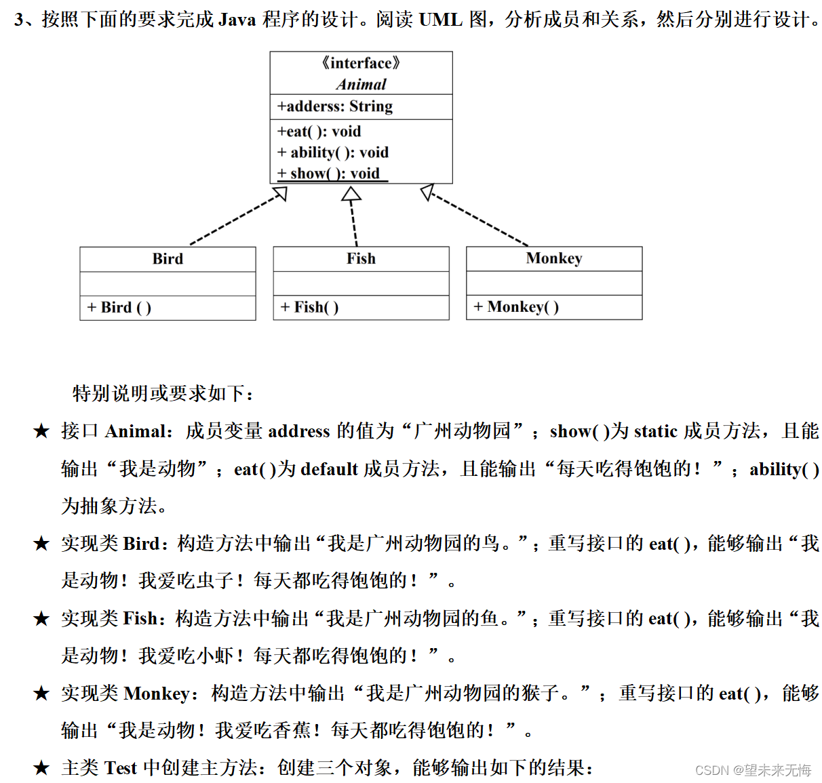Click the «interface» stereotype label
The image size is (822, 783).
pos(361,63)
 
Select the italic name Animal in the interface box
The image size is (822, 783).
pos(361,84)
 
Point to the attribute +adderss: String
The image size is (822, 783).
pos(334,106)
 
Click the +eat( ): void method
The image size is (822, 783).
pos(319,132)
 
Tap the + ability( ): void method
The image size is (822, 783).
pos(332,153)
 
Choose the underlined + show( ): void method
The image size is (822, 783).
pos(329,174)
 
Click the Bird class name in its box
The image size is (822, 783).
pos(168,259)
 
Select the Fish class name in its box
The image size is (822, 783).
pos(361,258)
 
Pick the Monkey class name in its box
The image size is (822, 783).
pos(554,258)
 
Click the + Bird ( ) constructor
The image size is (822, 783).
pos(119,308)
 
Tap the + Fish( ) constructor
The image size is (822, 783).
pos(309,308)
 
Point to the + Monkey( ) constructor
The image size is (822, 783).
pos(516,307)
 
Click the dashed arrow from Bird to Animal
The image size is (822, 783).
pos(237,218)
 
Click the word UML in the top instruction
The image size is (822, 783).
pos(440,20)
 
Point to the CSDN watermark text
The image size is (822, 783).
pos(753,770)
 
